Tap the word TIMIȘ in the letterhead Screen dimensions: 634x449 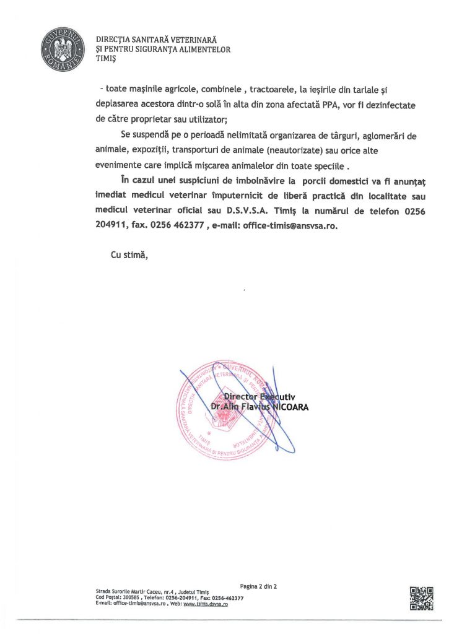click(107, 60)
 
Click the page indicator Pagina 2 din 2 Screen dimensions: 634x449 click(258, 585)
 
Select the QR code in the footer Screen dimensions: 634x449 click(421, 597)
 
